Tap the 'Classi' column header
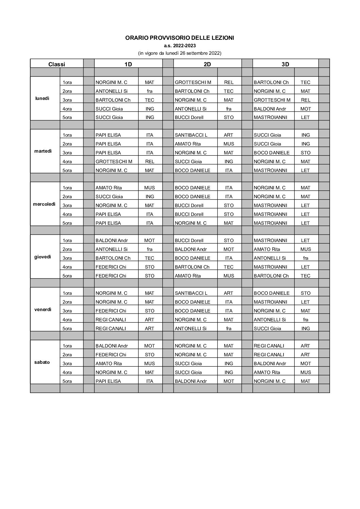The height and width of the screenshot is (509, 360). click(56, 64)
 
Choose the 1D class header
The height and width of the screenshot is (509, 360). click(128, 64)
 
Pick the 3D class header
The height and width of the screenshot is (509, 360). click(285, 64)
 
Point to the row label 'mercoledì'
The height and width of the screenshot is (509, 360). click(44, 204)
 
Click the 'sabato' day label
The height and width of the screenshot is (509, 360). click(42, 362)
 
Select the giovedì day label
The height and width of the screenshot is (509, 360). click(43, 257)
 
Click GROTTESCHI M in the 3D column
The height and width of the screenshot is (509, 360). click(272, 100)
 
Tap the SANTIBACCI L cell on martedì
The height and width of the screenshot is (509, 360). click(191, 135)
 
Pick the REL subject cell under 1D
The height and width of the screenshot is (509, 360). click(150, 162)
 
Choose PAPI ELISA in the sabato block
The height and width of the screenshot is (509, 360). click(108, 381)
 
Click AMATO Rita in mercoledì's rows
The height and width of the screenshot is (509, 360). click(109, 188)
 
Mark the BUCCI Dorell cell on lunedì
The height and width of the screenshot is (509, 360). click(189, 117)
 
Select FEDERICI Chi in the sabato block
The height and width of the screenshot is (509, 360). click(111, 355)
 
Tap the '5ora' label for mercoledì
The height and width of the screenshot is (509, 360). click(67, 223)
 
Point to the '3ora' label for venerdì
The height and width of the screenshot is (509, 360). click(67, 311)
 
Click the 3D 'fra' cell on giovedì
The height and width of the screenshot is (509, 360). click(306, 258)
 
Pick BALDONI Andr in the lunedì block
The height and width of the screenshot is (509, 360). click(270, 109)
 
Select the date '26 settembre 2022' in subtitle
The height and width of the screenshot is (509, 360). click(201, 53)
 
